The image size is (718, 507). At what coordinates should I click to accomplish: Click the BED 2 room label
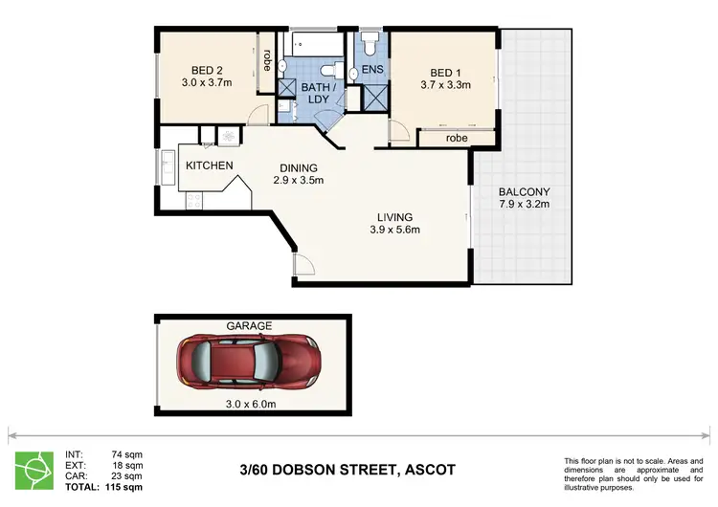click(207, 70)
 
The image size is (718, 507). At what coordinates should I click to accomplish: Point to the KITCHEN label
click(209, 165)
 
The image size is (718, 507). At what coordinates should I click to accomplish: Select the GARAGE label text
click(249, 325)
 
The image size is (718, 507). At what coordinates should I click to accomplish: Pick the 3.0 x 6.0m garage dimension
click(249, 403)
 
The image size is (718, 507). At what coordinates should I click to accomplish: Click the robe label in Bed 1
click(456, 139)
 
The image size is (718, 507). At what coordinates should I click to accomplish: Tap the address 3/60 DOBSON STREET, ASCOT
click(348, 470)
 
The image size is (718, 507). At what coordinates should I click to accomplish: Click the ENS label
click(371, 71)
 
